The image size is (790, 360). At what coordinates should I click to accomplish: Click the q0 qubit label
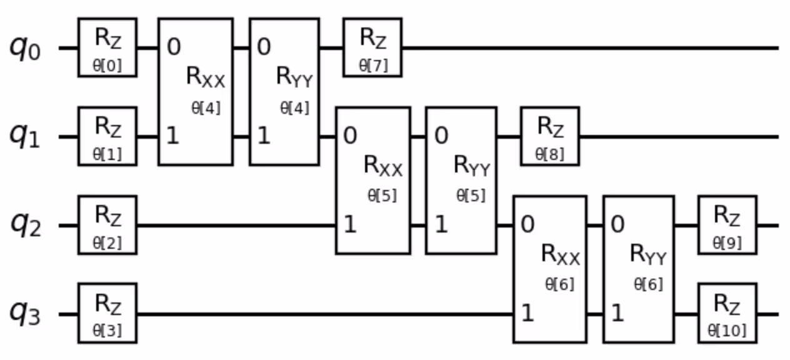pyautogui.click(x=25, y=48)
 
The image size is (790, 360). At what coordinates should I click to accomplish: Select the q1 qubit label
pyautogui.click(x=25, y=137)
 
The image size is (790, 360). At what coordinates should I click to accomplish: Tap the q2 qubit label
pyautogui.click(x=25, y=225)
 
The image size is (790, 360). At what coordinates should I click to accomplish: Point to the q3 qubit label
pyautogui.click(x=25, y=314)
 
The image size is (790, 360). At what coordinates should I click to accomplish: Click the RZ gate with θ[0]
pyautogui.click(x=107, y=47)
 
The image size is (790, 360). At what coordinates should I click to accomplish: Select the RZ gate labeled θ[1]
pyautogui.click(x=107, y=136)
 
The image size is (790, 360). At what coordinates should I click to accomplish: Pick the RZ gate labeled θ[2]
pyautogui.click(x=107, y=225)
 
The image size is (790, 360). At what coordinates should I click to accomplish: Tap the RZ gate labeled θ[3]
pyautogui.click(x=107, y=313)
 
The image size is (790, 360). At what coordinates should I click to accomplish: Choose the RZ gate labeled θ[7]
pyautogui.click(x=372, y=47)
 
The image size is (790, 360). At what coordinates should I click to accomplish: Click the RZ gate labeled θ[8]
pyautogui.click(x=550, y=136)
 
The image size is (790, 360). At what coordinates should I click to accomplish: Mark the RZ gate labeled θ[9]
pyautogui.click(x=727, y=225)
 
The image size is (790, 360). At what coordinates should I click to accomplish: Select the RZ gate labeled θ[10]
pyautogui.click(x=727, y=313)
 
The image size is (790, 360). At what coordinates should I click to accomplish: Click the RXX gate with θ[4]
pyautogui.click(x=196, y=91)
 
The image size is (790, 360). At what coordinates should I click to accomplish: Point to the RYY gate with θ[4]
pyautogui.click(x=284, y=91)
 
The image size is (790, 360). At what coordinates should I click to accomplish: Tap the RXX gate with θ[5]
pyautogui.click(x=373, y=180)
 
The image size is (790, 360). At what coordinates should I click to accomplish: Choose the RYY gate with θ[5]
pyautogui.click(x=462, y=180)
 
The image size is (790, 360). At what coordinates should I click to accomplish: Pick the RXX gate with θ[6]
pyautogui.click(x=550, y=269)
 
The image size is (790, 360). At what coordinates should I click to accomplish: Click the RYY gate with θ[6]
pyautogui.click(x=639, y=269)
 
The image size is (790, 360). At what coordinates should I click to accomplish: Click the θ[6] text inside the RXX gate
pyautogui.click(x=560, y=284)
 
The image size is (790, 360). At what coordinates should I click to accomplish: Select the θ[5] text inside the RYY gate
pyautogui.click(x=471, y=196)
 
